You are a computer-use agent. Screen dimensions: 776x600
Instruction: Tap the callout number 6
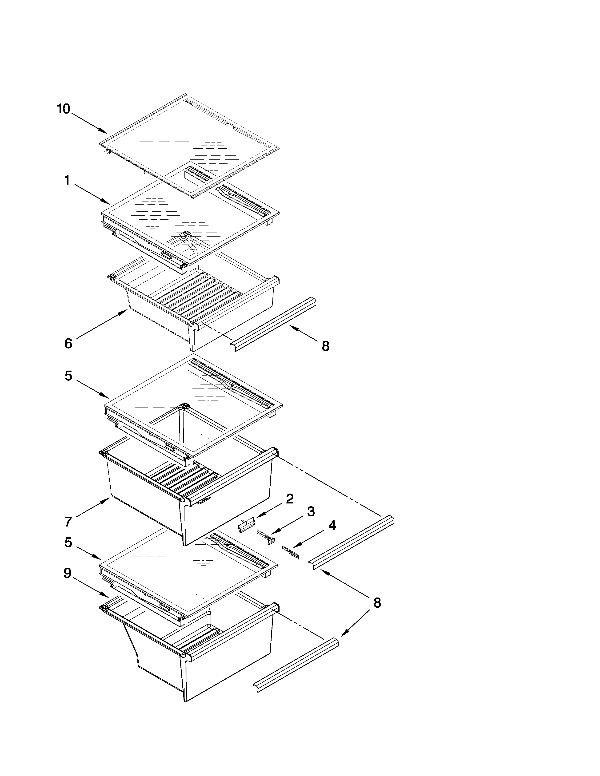click(68, 344)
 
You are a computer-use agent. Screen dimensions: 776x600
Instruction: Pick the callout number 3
click(311, 512)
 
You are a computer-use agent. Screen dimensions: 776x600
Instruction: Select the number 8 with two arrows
click(377, 603)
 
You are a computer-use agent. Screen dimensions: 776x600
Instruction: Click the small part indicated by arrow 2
click(246, 525)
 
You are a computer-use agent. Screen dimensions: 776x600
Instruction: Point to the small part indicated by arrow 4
click(290, 553)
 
